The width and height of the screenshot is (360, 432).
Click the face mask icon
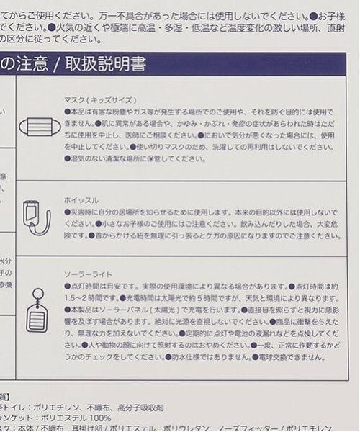pos(40,127)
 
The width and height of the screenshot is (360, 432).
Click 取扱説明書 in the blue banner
pos(108,65)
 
